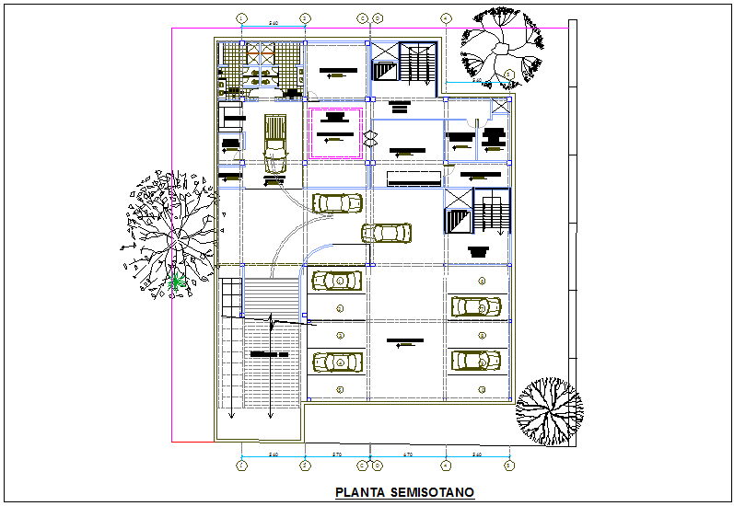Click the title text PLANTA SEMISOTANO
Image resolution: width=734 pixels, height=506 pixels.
pyautogui.click(x=404, y=492)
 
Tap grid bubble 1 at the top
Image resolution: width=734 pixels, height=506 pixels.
pyautogui.click(x=241, y=17)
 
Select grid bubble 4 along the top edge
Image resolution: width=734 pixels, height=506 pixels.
pyautogui.click(x=445, y=17)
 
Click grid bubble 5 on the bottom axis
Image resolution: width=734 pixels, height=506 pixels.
pyautogui.click(x=509, y=466)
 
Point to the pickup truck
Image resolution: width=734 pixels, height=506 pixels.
pyautogui.click(x=274, y=143)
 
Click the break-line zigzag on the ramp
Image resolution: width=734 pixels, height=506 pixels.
pyautogui.click(x=273, y=321)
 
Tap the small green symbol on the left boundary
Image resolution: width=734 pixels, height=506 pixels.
pyautogui.click(x=180, y=281)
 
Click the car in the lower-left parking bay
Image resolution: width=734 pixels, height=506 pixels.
pyautogui.click(x=339, y=363)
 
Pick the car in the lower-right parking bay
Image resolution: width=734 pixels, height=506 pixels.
pyautogui.click(x=476, y=362)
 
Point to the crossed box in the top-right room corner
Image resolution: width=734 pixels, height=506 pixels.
pyautogui.click(x=500, y=107)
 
